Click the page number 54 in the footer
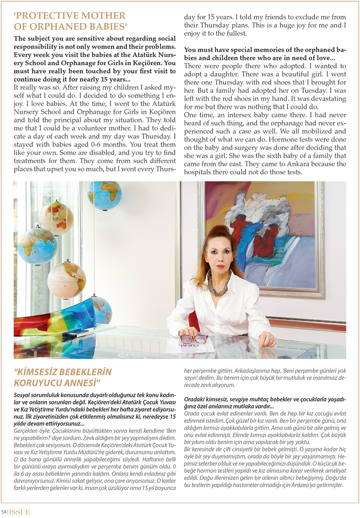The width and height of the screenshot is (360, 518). coord(4,512)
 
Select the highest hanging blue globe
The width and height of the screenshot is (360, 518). coord(104,195)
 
